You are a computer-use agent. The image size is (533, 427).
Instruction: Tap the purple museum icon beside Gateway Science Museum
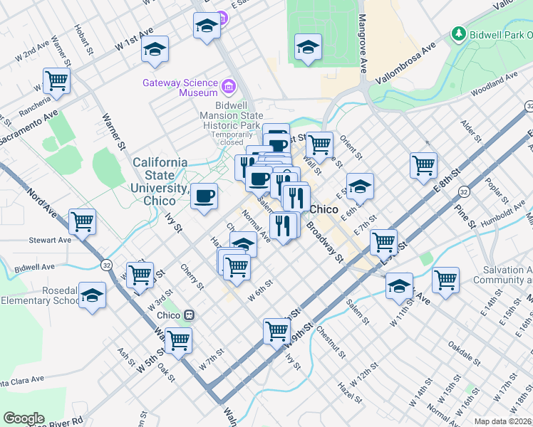tap(229, 88)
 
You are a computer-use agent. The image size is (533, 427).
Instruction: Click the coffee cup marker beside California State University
tap(205, 195)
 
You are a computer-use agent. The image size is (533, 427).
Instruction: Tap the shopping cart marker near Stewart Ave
tap(83, 221)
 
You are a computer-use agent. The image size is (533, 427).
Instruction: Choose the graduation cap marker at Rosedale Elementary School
tap(92, 295)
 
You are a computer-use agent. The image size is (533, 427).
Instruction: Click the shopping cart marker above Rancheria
tap(56, 80)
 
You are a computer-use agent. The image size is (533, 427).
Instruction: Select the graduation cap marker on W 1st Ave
tap(155, 48)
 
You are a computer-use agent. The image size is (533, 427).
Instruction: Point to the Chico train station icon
tap(190, 315)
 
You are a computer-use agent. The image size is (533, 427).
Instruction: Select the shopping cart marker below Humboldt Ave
tap(445, 279)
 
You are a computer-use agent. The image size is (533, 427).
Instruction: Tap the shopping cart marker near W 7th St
tap(178, 339)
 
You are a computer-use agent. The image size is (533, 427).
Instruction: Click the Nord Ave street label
tap(41, 204)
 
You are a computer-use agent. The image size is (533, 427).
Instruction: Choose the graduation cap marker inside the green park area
tap(307, 47)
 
